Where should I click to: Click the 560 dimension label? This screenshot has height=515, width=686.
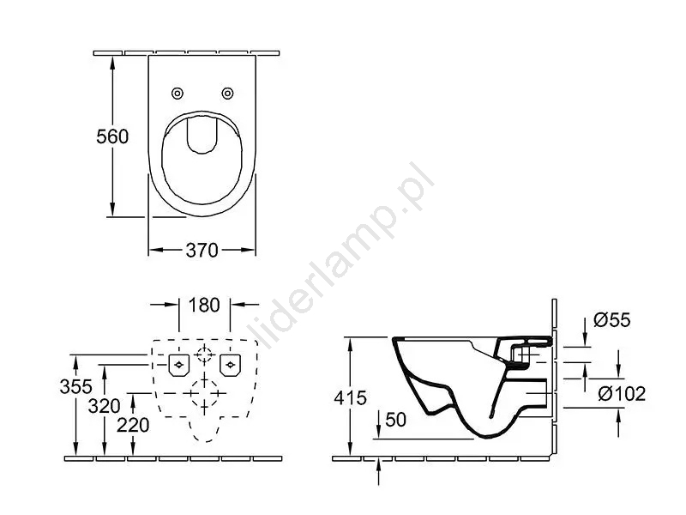coord(112,136)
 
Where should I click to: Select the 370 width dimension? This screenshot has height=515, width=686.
coord(202,250)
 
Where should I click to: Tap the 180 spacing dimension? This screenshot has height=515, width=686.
coord(204,306)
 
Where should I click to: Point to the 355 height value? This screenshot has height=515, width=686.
coord(76,387)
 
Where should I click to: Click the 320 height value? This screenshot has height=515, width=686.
coord(104,406)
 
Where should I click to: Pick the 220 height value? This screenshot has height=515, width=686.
coord(133,425)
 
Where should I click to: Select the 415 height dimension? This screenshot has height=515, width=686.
coord(350,398)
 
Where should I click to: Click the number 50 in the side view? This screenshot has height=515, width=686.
coord(396,420)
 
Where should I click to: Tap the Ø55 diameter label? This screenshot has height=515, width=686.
coord(612,320)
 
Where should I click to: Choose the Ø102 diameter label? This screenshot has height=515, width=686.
coord(622,394)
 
